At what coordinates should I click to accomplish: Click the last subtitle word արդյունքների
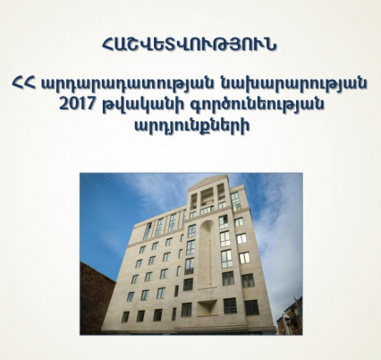(x=190, y=125)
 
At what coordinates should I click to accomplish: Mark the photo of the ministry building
(x=190, y=253)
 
